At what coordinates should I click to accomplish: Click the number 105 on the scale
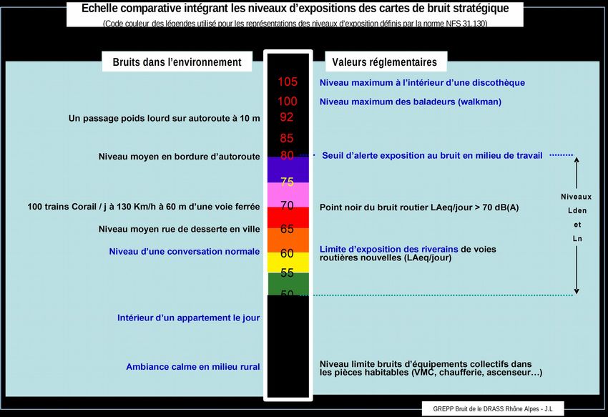(x=288, y=82)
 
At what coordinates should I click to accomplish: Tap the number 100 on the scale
(x=288, y=102)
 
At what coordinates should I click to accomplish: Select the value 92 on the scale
(x=288, y=117)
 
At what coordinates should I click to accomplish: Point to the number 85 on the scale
(x=288, y=137)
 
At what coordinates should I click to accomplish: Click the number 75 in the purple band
(x=288, y=182)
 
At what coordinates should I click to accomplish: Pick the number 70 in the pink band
(x=288, y=205)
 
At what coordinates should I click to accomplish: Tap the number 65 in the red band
(x=288, y=230)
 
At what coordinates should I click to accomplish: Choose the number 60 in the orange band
(x=288, y=253)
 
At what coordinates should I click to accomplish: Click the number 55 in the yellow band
(x=288, y=273)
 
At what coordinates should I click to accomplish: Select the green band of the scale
(x=288, y=285)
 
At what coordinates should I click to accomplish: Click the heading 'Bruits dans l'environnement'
(x=177, y=62)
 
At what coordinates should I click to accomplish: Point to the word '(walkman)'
(x=479, y=102)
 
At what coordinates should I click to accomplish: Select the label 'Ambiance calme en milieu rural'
(x=193, y=367)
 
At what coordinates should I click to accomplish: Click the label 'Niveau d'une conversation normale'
(x=185, y=252)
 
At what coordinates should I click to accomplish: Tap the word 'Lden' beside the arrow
(x=577, y=211)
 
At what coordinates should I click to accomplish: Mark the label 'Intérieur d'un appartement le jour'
(x=189, y=318)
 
